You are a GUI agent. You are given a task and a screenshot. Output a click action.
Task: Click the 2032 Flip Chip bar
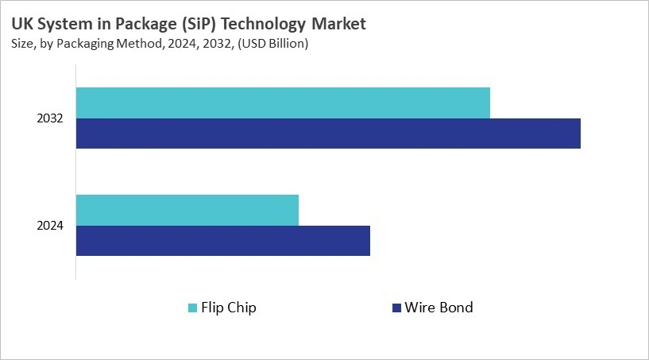click(283, 103)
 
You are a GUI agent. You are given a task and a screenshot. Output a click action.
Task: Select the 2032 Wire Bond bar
click(328, 133)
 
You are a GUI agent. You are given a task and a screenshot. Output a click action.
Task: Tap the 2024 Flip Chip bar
click(187, 210)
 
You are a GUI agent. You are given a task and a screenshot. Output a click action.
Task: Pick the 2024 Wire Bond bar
click(223, 240)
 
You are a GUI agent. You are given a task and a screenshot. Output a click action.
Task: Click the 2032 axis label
click(50, 118)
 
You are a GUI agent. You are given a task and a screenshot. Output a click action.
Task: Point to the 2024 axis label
click(50, 226)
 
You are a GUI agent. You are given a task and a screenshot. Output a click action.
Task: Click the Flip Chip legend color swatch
click(192, 308)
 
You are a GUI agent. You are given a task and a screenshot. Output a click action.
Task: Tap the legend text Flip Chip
click(230, 308)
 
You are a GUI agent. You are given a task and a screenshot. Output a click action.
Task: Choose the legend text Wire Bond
click(438, 308)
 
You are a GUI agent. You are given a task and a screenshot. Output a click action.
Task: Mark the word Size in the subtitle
click(25, 45)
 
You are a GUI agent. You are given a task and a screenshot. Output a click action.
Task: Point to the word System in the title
click(60, 25)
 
